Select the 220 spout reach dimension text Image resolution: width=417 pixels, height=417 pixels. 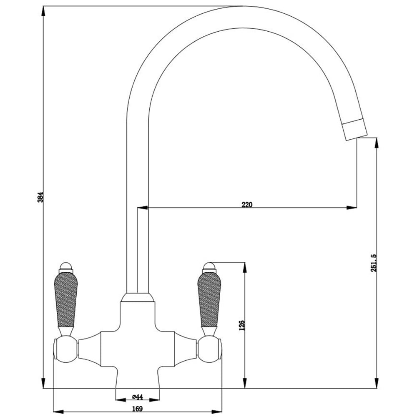click(247, 204)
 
